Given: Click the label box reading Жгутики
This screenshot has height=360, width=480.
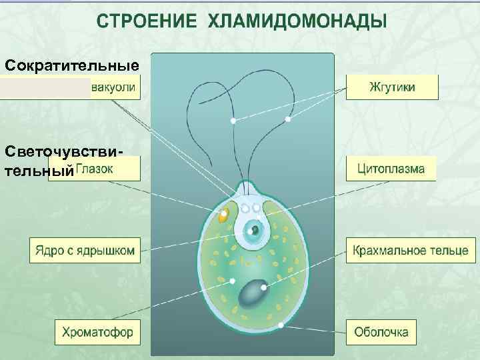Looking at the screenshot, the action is [x=391, y=87].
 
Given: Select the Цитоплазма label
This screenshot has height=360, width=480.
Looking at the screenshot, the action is [x=391, y=169].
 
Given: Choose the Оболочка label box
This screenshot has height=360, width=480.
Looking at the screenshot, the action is [x=381, y=332].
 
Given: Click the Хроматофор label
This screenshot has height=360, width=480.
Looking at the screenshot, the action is [x=98, y=332].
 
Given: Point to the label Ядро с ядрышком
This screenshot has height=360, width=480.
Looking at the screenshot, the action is [x=85, y=251].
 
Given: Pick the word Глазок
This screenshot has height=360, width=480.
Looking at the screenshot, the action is [x=95, y=169].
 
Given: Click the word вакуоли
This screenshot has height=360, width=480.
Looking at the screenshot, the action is [x=115, y=87].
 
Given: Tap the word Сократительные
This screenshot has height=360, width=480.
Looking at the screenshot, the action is [x=71, y=66].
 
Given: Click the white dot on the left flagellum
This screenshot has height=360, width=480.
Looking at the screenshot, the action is [x=233, y=121].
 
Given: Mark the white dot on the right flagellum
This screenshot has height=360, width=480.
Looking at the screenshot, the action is [x=288, y=119].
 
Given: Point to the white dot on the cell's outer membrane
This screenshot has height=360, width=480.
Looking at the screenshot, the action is [x=281, y=325].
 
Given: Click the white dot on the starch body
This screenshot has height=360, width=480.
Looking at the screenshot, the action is [x=265, y=288].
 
